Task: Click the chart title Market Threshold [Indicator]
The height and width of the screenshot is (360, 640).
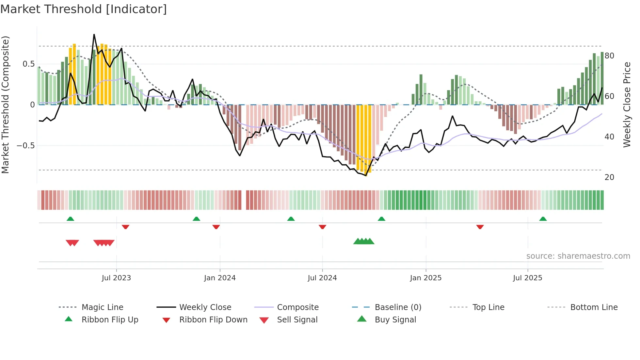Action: (84, 9)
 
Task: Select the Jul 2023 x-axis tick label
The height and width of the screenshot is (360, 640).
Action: (116, 278)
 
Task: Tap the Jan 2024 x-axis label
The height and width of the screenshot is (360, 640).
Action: (220, 278)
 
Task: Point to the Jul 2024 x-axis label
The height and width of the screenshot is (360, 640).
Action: (322, 278)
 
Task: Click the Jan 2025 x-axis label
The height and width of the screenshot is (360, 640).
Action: (426, 278)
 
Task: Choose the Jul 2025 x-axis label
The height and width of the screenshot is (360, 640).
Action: (528, 278)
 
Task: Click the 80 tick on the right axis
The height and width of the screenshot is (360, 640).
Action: (609, 56)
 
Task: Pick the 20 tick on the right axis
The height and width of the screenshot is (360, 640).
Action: (609, 177)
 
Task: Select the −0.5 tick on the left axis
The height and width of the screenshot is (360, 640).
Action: (26, 146)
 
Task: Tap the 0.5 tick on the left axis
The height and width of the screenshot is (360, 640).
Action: (28, 64)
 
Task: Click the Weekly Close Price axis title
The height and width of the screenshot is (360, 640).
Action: (627, 105)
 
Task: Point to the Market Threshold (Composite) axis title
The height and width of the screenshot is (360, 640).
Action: (6, 105)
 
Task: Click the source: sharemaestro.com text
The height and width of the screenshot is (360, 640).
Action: (578, 256)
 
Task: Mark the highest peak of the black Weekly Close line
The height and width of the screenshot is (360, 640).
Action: (94, 34)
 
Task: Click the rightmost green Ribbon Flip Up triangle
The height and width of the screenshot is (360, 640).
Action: (543, 219)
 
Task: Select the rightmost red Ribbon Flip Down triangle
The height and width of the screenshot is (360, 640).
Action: (480, 227)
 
